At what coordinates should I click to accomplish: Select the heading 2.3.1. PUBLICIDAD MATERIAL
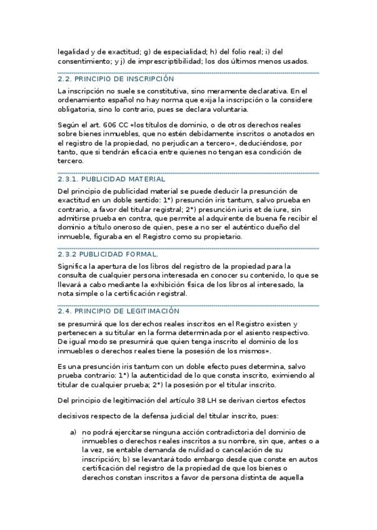[111, 179]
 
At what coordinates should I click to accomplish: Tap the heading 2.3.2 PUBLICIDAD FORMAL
[107, 254]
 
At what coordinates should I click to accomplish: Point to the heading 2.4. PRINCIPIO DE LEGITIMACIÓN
[118, 311]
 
